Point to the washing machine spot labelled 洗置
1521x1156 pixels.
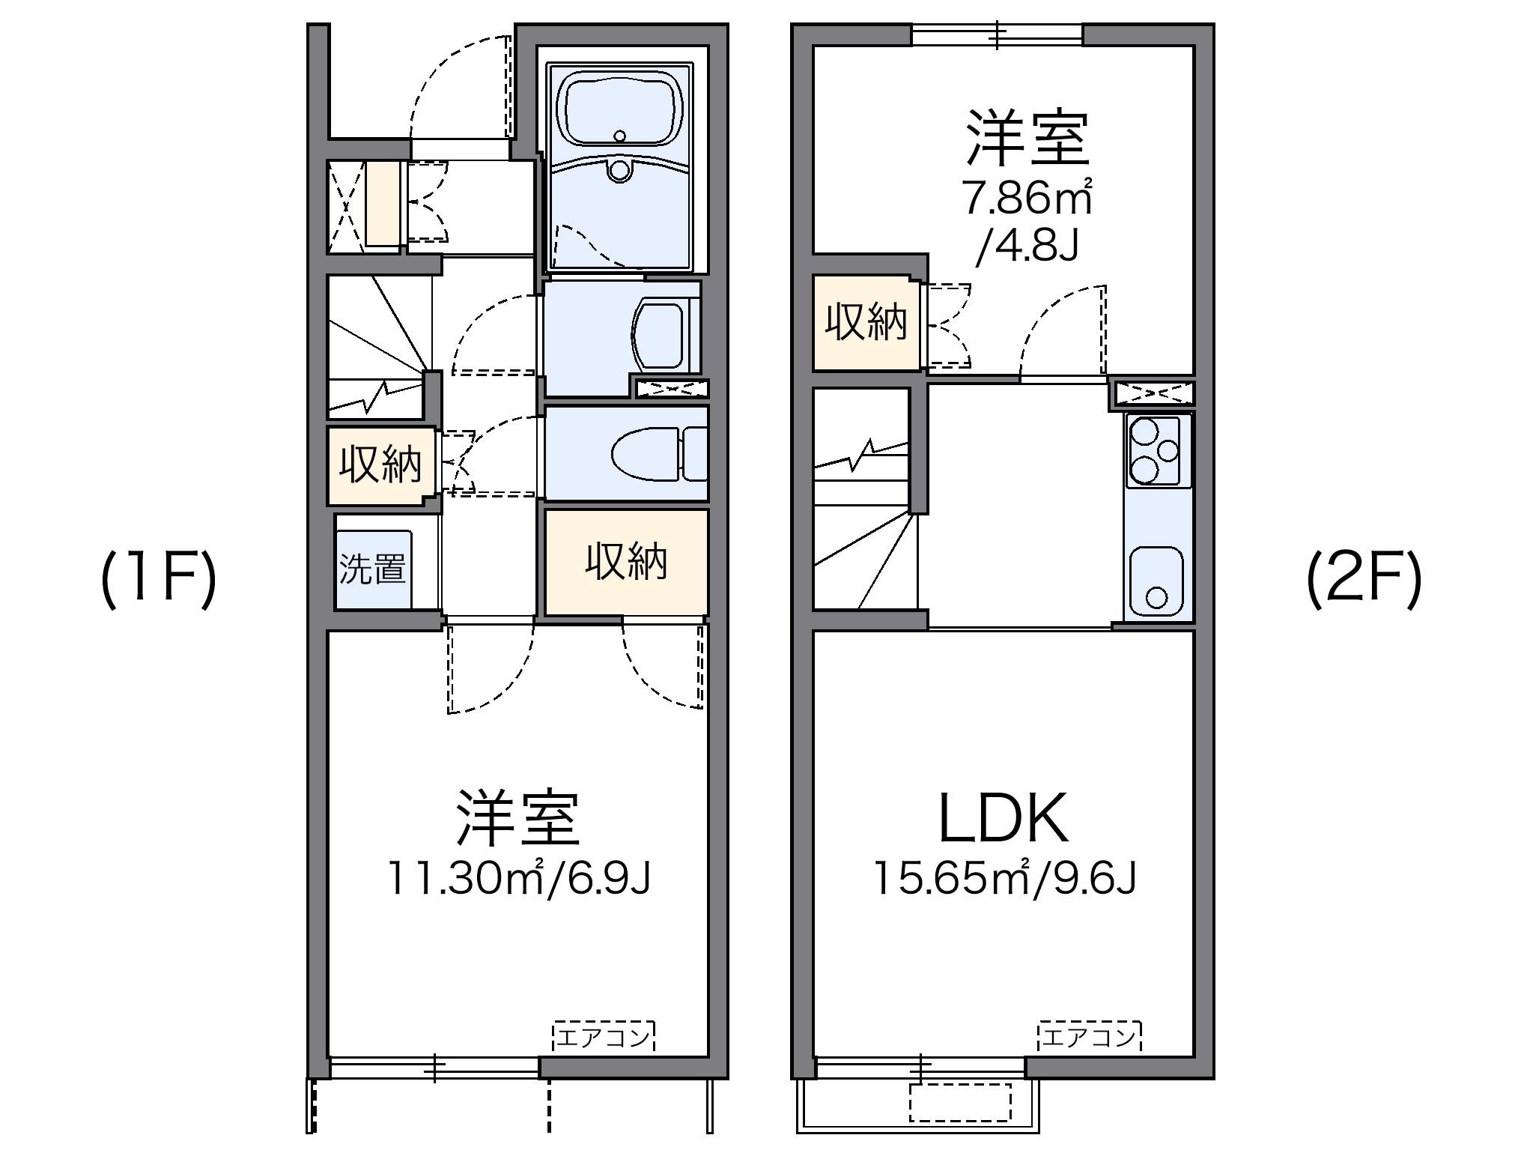pyautogui.click(x=373, y=569)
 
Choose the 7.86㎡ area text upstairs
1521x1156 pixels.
pyautogui.click(x=1027, y=199)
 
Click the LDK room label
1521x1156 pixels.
pyautogui.click(x=1004, y=818)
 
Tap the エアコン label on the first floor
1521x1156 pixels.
pyautogui.click(x=604, y=1038)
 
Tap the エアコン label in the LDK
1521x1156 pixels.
pyautogui.click(x=1089, y=1038)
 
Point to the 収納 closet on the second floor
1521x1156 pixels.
pyautogui.click(x=866, y=323)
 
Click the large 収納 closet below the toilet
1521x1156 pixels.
pyautogui.click(x=626, y=561)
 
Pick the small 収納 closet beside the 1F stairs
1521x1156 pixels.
pyautogui.click(x=380, y=465)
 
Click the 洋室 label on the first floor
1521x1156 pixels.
pyautogui.click(x=518, y=818)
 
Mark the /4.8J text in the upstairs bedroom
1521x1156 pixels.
pyautogui.click(x=1027, y=244)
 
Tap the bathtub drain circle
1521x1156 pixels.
pyautogui.click(x=619, y=136)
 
